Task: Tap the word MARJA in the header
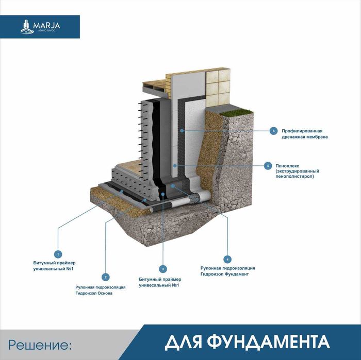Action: coord(46,24)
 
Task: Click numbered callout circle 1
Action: coord(58,254)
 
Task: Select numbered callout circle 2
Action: coord(106,277)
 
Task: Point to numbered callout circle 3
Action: coord(162,269)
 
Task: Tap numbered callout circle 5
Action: coord(268,166)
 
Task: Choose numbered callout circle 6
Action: coord(274,131)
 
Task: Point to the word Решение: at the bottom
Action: coord(38,344)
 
